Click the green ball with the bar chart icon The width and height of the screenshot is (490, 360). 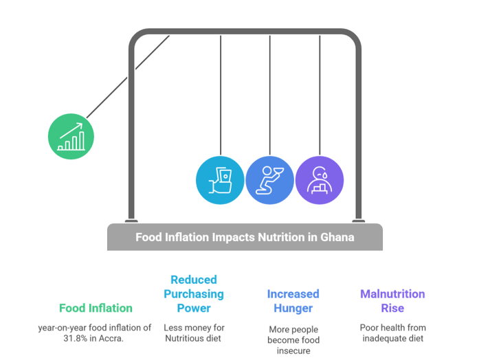click(71, 136)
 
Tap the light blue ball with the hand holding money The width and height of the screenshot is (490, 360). click(220, 180)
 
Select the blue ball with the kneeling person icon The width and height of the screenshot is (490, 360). click(269, 180)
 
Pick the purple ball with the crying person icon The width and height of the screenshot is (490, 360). click(320, 180)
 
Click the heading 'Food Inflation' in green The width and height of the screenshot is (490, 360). click(96, 308)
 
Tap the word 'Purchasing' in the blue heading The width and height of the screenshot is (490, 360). click(194, 294)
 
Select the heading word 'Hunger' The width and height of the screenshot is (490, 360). click(293, 308)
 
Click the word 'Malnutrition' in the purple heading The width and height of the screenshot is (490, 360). click(392, 294)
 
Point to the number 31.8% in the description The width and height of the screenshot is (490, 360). click(76, 339)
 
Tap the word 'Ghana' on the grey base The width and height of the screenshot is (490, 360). click(337, 237)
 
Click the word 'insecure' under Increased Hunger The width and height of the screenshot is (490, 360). click(293, 351)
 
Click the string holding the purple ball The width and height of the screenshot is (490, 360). click(320, 95)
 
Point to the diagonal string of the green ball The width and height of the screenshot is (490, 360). click(128, 76)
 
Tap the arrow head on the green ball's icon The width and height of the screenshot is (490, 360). click(80, 126)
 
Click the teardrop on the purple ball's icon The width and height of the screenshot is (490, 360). click(325, 175)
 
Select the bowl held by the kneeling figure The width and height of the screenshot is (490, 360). click(278, 170)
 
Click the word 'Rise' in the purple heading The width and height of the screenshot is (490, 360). click(392, 308)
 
